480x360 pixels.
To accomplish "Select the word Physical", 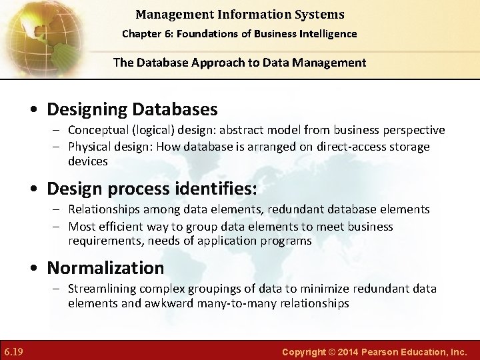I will click(x=90, y=147).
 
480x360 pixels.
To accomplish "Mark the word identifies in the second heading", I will click(x=218, y=189).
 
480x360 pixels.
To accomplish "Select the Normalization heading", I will click(x=105, y=268).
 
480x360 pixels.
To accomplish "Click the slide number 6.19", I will click(x=13, y=351).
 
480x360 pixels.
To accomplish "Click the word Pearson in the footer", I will click(x=382, y=351).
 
